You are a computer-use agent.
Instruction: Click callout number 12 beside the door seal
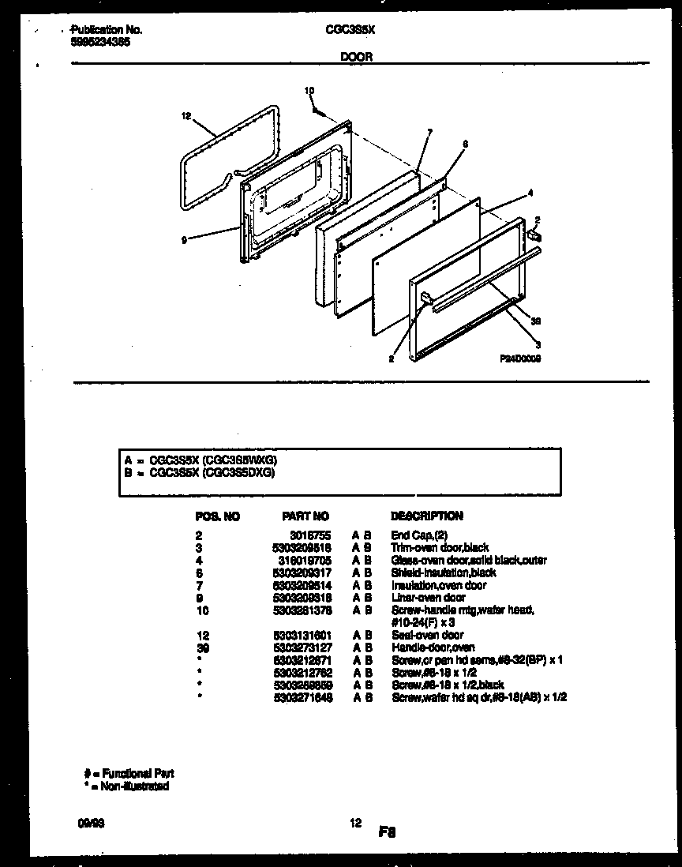click(x=186, y=117)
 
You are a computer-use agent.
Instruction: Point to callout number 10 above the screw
click(x=309, y=91)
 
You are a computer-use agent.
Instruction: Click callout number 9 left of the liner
click(x=184, y=239)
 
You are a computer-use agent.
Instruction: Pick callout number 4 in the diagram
click(x=530, y=193)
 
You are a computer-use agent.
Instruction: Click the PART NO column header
click(x=305, y=516)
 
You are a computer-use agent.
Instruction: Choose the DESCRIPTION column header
click(x=426, y=516)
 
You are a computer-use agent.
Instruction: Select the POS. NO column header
click(x=217, y=516)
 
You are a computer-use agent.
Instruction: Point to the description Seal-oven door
click(x=427, y=635)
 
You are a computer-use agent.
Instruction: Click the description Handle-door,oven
click(x=433, y=647)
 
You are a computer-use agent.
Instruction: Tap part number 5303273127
click(x=302, y=647)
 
